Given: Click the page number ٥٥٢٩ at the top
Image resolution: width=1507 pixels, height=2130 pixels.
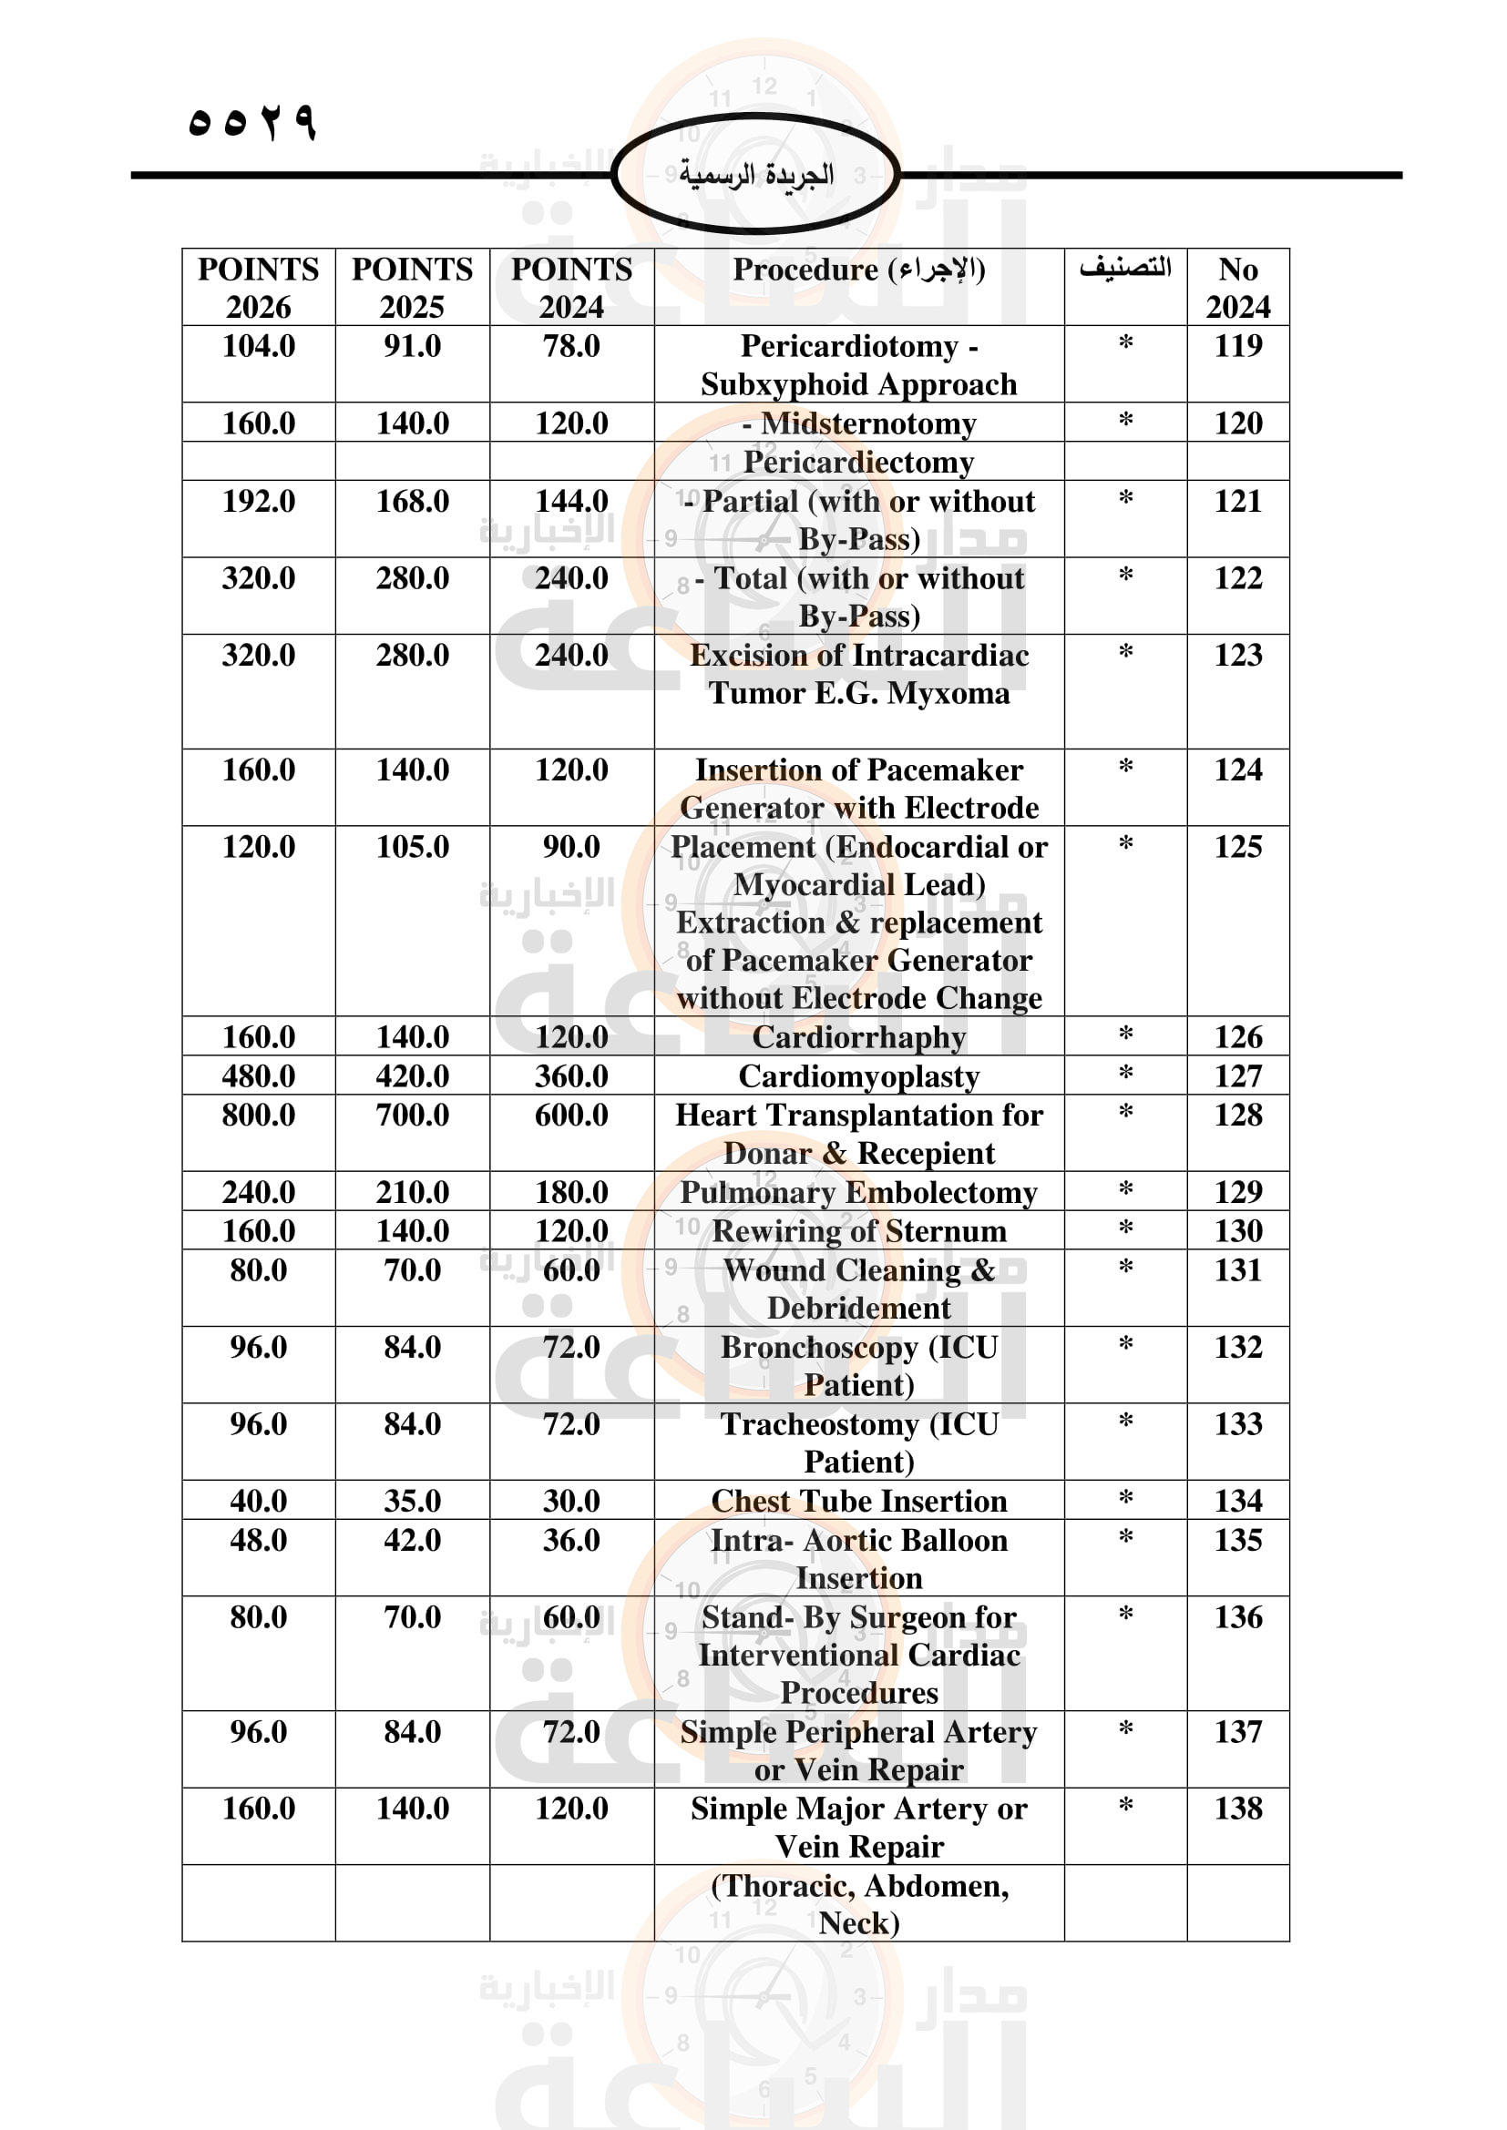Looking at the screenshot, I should coord(251,121).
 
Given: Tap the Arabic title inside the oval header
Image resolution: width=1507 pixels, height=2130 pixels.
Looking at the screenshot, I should coord(755,175).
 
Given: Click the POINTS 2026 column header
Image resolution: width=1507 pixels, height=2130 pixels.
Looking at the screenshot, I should coord(258,287).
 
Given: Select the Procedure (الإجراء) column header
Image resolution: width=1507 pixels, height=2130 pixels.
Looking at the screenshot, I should coord(858,270).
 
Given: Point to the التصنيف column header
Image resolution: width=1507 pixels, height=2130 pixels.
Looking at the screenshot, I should coord(1124,268).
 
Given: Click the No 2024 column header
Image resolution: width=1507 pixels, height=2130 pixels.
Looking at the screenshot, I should coord(1238,287).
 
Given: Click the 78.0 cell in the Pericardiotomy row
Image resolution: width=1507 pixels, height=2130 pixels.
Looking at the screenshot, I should coord(570,346).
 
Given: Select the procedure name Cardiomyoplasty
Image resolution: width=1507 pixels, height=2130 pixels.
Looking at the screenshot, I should coord(858,1076).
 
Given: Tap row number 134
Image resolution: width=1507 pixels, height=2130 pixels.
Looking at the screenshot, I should coord(1238,1500).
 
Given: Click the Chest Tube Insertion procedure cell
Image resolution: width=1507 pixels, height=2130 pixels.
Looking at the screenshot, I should coord(858,1500).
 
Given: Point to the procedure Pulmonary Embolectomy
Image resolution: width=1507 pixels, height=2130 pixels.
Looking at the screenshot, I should coord(858,1192).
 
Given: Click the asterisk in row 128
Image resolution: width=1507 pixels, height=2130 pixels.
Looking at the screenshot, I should coord(1124,1112).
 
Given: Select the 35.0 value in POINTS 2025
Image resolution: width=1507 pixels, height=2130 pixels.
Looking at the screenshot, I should coord(412,1500).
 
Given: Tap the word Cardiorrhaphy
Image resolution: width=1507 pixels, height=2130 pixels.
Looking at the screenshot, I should coord(858,1037).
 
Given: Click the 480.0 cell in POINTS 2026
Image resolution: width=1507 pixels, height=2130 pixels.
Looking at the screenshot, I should coord(258,1076).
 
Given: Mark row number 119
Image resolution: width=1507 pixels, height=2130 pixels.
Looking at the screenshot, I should coord(1238,346).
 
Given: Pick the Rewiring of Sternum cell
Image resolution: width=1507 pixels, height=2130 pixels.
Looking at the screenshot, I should coord(858,1231).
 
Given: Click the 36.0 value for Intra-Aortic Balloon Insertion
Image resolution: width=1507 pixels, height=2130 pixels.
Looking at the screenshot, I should coord(570,1540).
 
